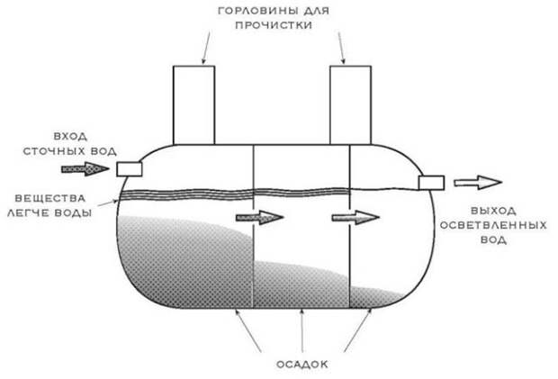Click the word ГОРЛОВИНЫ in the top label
pyautogui.click(x=256, y=11)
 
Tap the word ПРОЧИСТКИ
pyautogui.click(x=274, y=25)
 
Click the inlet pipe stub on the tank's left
pyautogui.click(x=130, y=169)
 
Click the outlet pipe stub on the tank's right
pyautogui.click(x=431, y=183)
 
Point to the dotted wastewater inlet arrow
pyautogui.click(x=85, y=168)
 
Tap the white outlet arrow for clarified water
pyautogui.click(x=478, y=183)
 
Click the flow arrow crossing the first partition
pyautogui.click(x=260, y=217)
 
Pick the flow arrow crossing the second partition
pyautogui.click(x=355, y=217)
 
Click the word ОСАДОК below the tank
pyautogui.click(x=302, y=365)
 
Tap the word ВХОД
pyautogui.click(x=70, y=136)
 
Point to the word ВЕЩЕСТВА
pyautogui.click(x=50, y=198)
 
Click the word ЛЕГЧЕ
pyautogui.click(x=29, y=212)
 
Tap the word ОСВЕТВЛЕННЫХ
pyautogui.click(x=493, y=225)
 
